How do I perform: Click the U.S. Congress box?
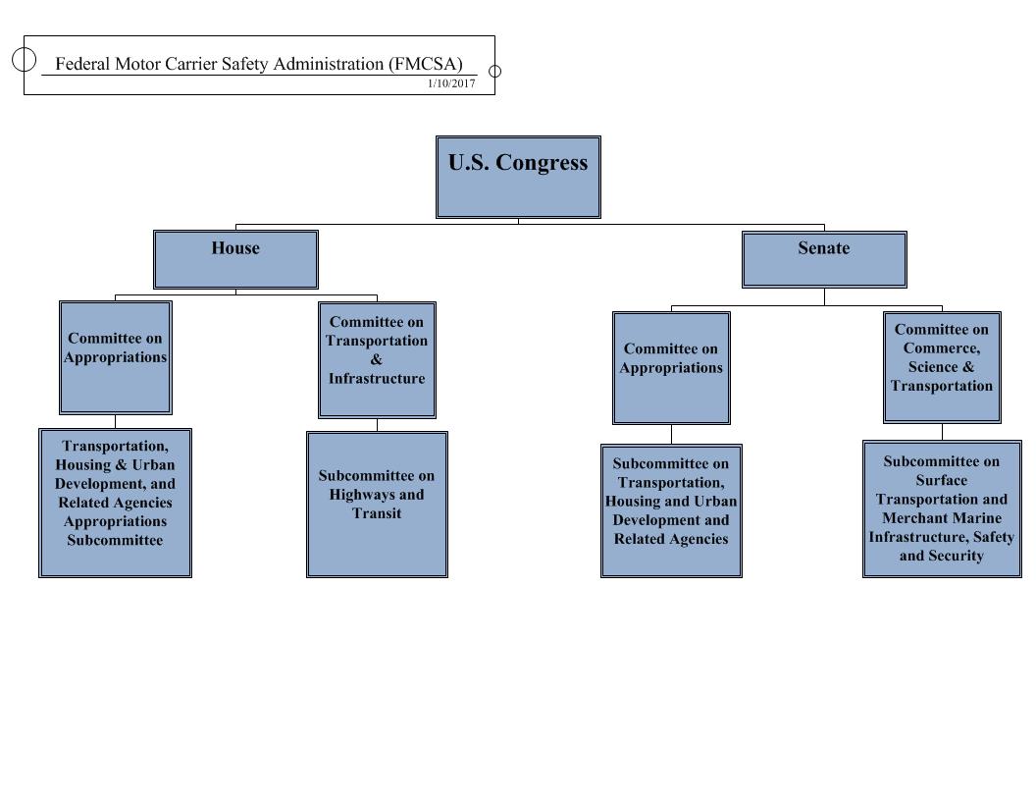pos(518,177)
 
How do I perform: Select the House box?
pos(235,259)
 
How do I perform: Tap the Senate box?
pos(824,259)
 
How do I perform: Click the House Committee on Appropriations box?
pos(116,357)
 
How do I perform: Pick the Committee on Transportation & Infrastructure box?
pos(377,360)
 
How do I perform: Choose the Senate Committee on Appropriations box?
pos(671,368)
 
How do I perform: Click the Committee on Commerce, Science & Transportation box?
pos(942,367)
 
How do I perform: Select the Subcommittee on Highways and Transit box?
pos(377,504)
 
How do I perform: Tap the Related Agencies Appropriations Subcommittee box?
pos(115,503)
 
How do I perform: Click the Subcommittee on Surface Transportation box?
pos(942,508)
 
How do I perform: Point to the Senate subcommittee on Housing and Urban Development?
pos(671,510)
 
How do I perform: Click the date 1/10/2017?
pos(451,84)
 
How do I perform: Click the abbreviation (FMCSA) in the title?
pos(426,64)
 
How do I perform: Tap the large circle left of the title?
pos(25,59)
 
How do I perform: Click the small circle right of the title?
pos(494,71)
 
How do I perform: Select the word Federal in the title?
pos(82,64)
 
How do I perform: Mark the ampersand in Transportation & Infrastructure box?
pos(377,359)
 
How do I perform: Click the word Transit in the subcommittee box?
pos(377,513)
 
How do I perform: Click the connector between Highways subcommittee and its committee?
pos(377,425)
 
